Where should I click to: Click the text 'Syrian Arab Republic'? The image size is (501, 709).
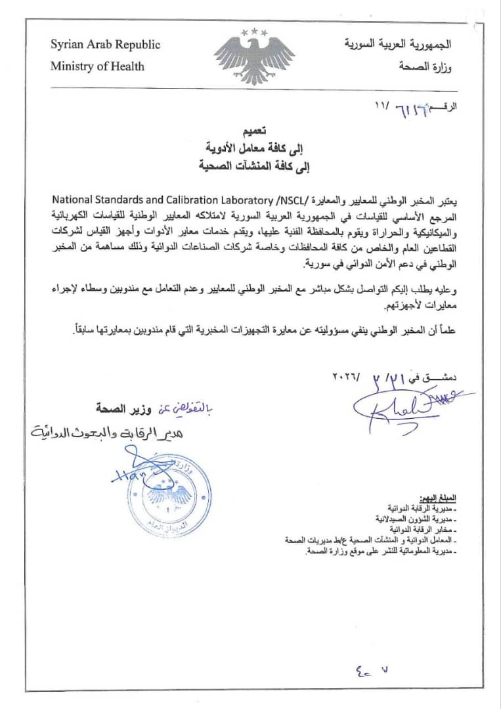[x=105, y=45]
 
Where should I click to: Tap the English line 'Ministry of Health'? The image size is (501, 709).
[x=97, y=66]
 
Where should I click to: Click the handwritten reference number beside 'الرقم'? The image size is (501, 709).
[x=412, y=106]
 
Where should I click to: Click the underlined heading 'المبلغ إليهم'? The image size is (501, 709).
[x=437, y=498]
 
